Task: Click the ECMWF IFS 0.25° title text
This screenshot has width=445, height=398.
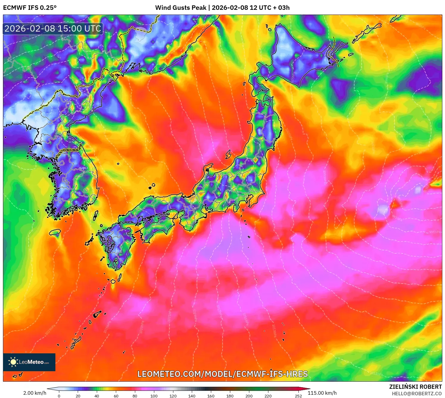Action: [30, 8]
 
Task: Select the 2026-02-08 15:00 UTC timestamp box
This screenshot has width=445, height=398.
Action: [53, 29]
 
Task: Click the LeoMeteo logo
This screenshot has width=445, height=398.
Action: [29, 362]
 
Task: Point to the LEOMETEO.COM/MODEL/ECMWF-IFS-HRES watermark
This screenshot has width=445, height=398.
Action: [222, 374]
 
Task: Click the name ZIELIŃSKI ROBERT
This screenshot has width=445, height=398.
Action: [415, 387]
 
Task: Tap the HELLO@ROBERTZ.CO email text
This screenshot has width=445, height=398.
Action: [417, 394]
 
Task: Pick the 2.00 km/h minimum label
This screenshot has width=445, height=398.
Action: [35, 393]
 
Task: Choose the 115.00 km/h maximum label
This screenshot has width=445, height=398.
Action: [322, 393]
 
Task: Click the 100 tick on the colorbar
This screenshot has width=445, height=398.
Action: [154, 396]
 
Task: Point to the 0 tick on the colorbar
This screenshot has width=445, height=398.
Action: [59, 396]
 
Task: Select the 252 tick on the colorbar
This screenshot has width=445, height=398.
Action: [298, 396]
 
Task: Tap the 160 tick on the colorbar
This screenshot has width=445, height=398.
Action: [211, 396]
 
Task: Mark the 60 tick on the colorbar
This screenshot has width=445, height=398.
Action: [116, 396]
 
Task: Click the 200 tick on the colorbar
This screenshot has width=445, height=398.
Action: [249, 396]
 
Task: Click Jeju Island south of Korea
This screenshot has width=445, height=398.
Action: [55, 232]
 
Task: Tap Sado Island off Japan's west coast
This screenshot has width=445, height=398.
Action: [228, 154]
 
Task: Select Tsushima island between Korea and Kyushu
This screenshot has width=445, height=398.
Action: [96, 215]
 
